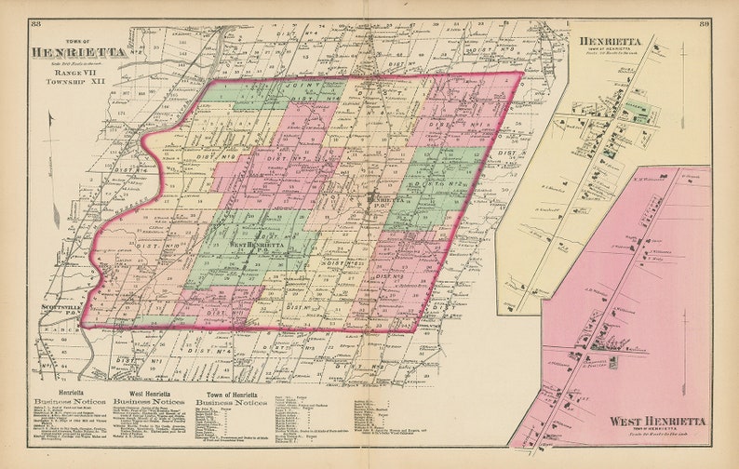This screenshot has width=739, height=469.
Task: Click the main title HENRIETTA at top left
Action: [78, 53]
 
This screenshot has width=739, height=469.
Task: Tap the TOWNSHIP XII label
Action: [78, 81]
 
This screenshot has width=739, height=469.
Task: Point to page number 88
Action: [35, 22]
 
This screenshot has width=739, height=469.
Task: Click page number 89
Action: [705, 22]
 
